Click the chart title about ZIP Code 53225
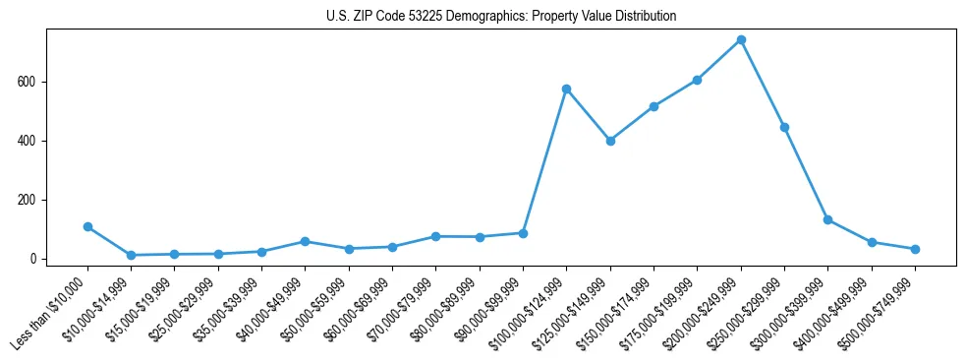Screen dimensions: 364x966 click(x=501, y=17)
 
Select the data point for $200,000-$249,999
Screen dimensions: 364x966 click(x=741, y=40)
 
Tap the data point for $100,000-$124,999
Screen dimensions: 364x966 click(x=567, y=89)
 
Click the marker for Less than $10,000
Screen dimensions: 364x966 click(x=87, y=226)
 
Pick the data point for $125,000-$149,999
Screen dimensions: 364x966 click(x=610, y=141)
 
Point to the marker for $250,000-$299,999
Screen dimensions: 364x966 click(x=784, y=127)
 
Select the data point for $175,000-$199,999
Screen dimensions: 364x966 click(x=697, y=80)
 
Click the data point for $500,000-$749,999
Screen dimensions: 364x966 click(x=915, y=249)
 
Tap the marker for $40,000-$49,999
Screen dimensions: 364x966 click(x=306, y=241)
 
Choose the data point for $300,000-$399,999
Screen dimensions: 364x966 click(x=827, y=219)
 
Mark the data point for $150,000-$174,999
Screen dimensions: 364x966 click(x=653, y=106)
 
